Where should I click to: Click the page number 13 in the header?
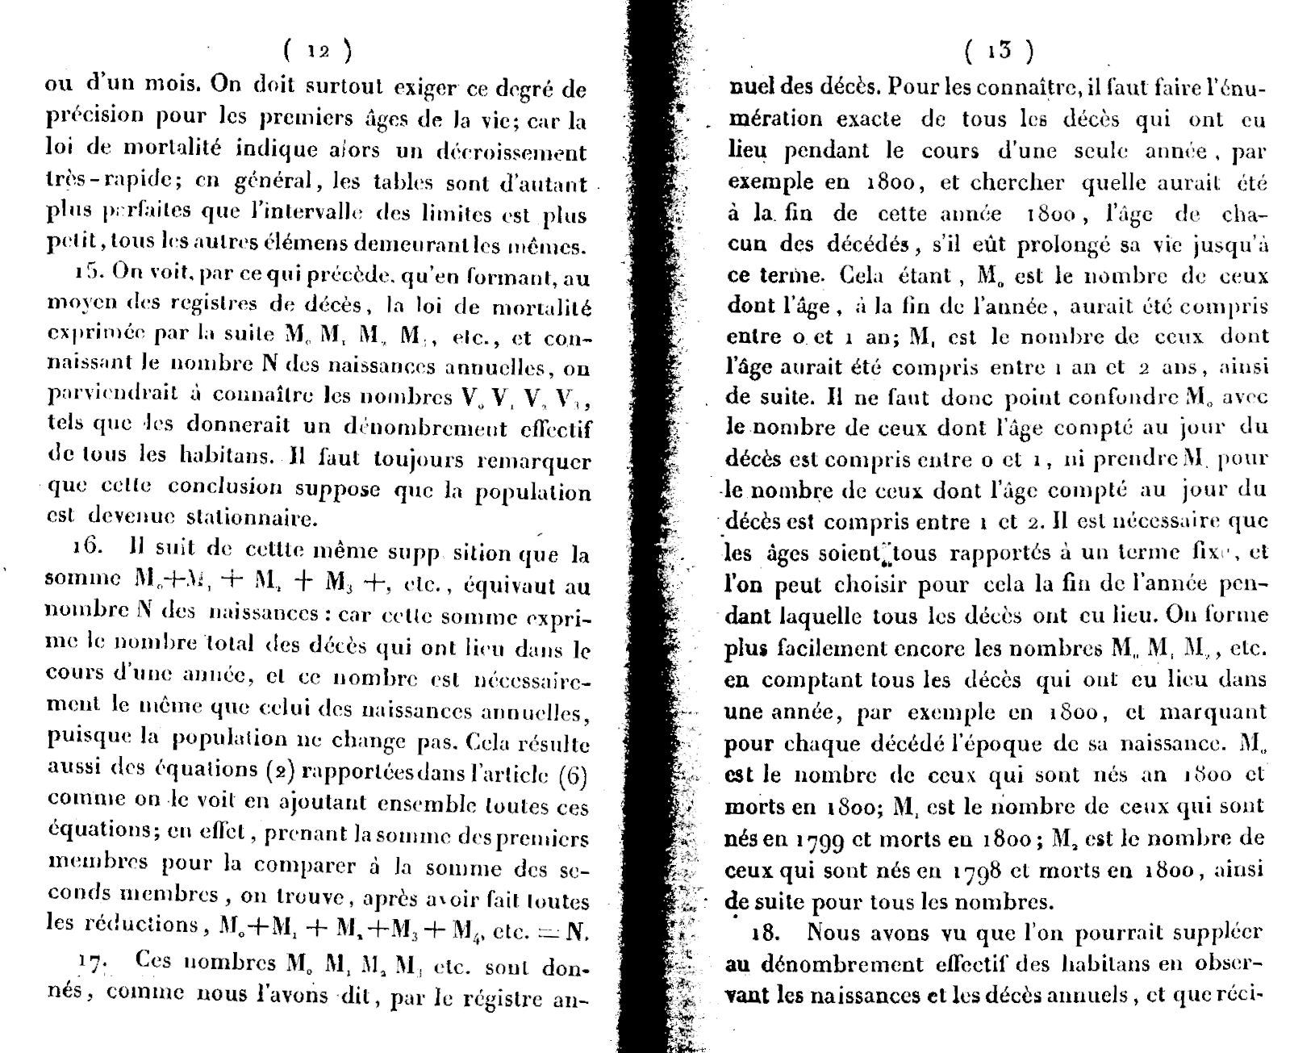point(999,50)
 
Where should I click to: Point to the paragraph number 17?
point(94,961)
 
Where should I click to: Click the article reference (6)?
point(573,775)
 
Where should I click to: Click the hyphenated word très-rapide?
point(98,182)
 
